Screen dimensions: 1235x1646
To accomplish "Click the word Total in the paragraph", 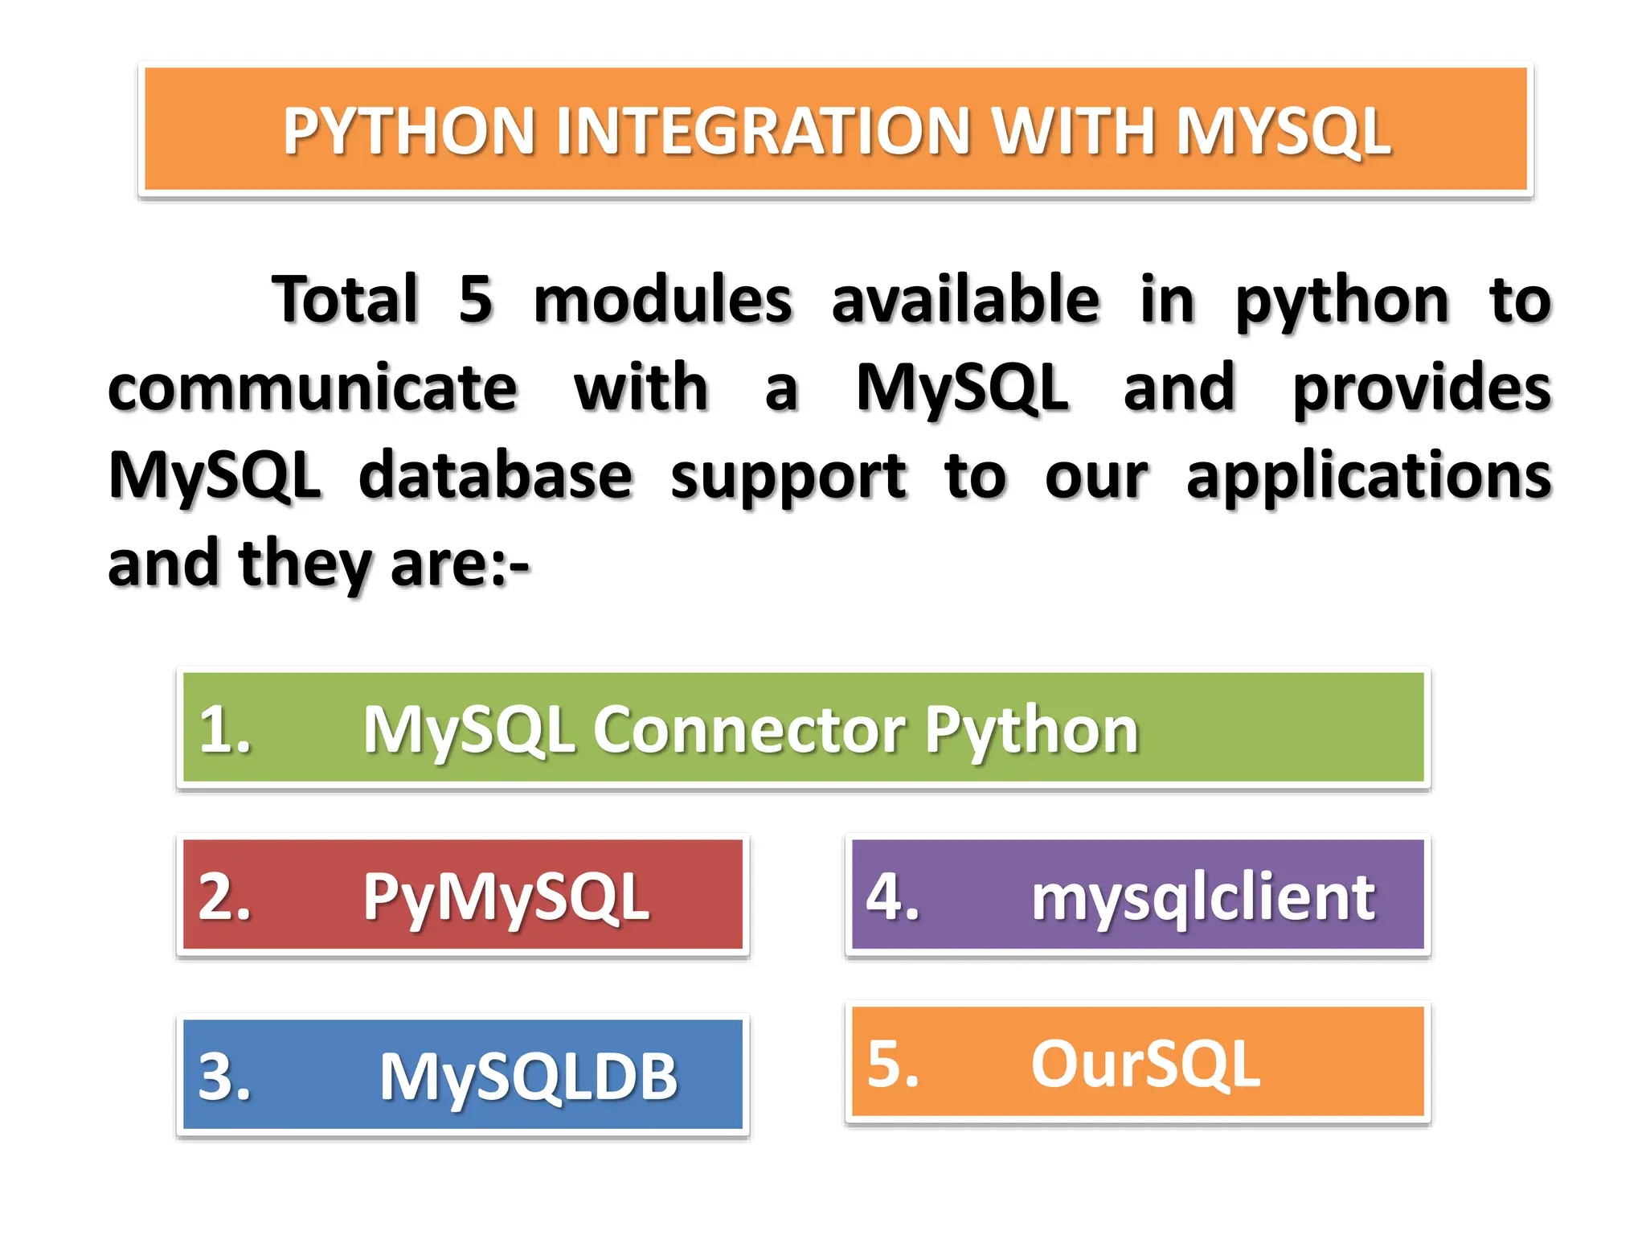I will (x=346, y=299).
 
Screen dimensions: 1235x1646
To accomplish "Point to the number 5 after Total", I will (x=476, y=299).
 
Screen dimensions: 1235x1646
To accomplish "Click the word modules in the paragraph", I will (x=663, y=299).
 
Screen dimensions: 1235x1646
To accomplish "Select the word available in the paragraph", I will (x=965, y=299).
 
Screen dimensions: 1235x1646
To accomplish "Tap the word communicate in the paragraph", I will (x=313, y=388).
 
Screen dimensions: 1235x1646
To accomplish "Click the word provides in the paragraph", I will (x=1421, y=388).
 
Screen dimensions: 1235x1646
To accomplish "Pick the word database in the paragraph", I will (x=496, y=476).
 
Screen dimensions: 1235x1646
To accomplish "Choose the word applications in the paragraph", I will (x=1369, y=476).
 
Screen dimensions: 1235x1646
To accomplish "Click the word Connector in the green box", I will (x=749, y=730).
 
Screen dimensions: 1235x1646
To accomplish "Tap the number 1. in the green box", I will (x=224, y=730).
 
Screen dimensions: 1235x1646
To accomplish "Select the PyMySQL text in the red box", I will (x=506, y=897).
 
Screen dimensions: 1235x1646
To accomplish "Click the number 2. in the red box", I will (x=224, y=897).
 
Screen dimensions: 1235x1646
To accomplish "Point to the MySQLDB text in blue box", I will (x=529, y=1077).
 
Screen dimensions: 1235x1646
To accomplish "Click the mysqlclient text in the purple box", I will (x=1203, y=897).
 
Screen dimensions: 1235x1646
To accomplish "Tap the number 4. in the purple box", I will (x=892, y=897).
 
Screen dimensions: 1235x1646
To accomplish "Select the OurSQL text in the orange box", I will (x=1145, y=1064).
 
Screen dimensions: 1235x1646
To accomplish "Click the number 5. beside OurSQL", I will (x=892, y=1064).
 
